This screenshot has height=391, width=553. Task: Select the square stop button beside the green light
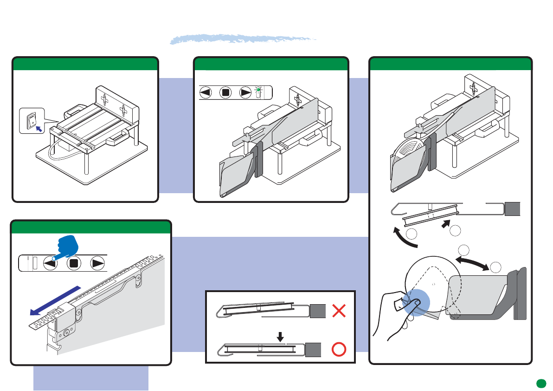[225, 92]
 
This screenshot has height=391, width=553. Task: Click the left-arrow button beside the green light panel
[206, 92]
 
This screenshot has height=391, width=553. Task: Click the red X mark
[340, 311]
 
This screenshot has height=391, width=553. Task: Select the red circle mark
[340, 349]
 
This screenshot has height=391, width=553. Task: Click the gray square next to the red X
[317, 311]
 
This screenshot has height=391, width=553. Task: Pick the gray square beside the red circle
[314, 349]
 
